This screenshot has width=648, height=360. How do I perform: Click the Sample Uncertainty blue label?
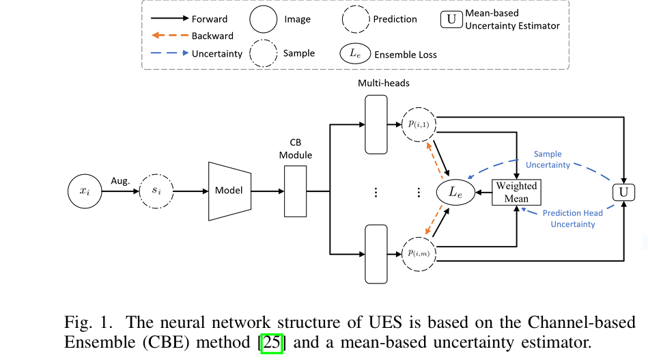pyautogui.click(x=548, y=160)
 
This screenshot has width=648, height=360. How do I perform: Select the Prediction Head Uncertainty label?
pyautogui.click(x=573, y=219)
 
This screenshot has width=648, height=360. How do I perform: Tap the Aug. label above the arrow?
pyautogui.click(x=120, y=181)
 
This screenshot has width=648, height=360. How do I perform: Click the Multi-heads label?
pyautogui.click(x=384, y=83)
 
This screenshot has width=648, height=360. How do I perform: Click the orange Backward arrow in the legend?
pyautogui.click(x=170, y=35)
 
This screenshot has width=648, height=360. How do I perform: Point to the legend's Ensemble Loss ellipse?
pyautogui.click(x=355, y=53)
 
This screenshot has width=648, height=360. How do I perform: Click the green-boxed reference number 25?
pyautogui.click(x=272, y=343)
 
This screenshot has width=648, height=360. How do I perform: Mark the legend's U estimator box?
pyautogui.click(x=451, y=19)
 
